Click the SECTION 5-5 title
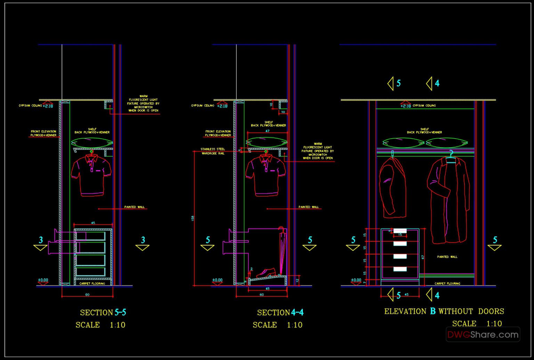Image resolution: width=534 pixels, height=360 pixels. point(103,312)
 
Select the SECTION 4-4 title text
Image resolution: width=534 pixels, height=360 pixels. point(280,312)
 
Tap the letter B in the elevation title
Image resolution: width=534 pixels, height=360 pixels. point(432,311)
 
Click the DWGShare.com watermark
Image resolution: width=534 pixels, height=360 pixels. point(483,335)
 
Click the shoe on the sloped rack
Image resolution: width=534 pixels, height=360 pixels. point(266,273)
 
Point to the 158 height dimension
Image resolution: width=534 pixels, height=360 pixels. point(193,218)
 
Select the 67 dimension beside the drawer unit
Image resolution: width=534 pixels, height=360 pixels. point(423,257)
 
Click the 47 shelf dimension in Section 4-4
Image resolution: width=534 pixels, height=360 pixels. point(267,131)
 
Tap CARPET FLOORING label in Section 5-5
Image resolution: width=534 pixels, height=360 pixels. point(92,283)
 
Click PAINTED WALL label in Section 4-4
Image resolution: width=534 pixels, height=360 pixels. point(308,207)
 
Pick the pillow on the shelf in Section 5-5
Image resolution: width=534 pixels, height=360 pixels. point(92,143)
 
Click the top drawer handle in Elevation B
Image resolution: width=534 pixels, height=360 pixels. point(400,231)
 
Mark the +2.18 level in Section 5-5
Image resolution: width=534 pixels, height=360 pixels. point(48,106)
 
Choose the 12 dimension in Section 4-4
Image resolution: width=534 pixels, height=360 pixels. point(297,280)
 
